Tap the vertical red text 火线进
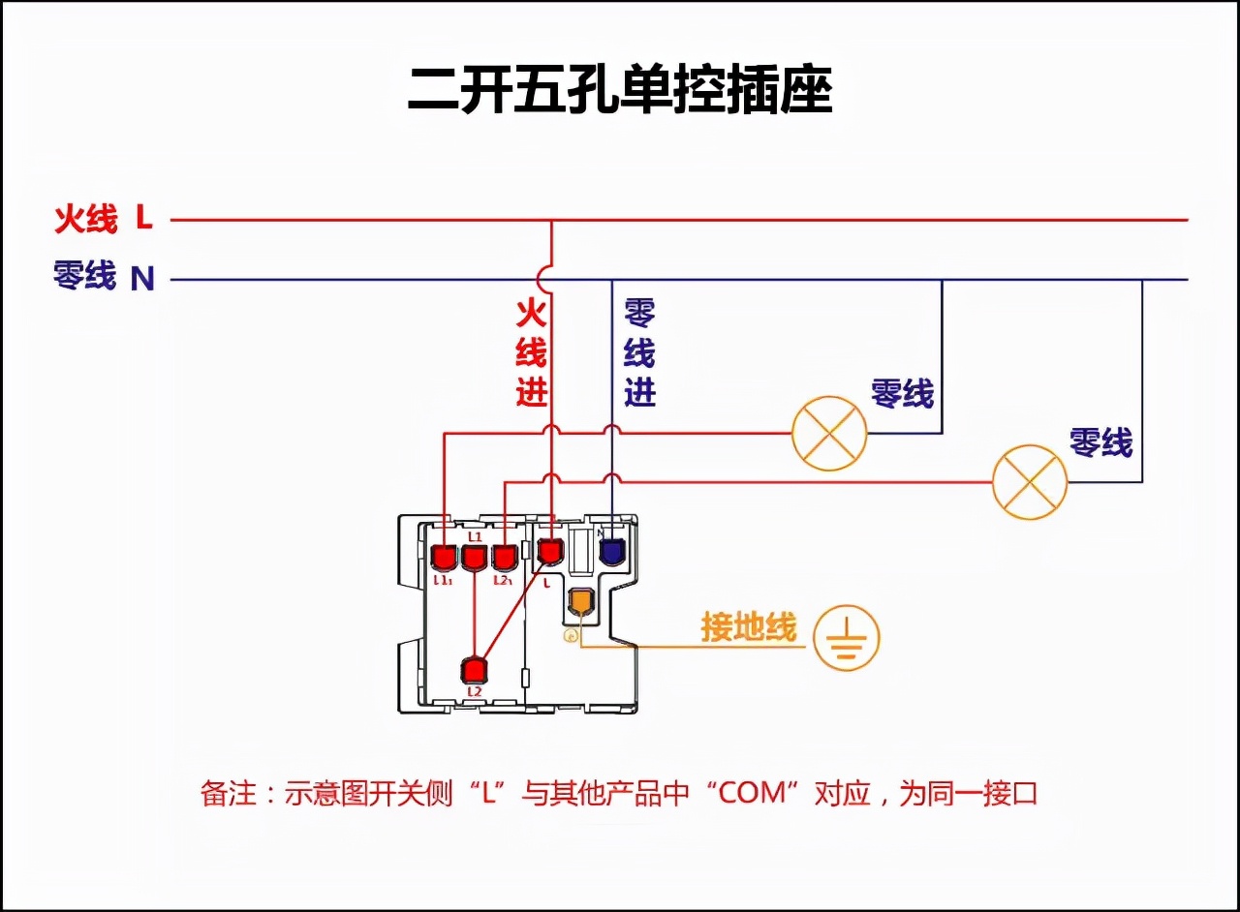point(531,352)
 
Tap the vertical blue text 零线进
point(639,352)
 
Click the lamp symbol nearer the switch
point(829,433)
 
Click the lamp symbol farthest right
point(1030,482)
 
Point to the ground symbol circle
point(846,637)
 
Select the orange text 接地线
point(749,628)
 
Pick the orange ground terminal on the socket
point(580,602)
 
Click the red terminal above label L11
point(443,558)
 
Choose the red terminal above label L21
point(504,558)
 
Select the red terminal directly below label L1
point(474,558)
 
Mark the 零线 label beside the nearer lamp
point(902,393)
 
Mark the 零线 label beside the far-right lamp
point(1100,442)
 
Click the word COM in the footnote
point(757,794)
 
